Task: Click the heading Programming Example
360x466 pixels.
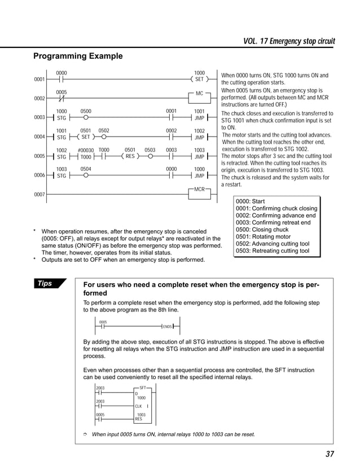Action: pos(78,56)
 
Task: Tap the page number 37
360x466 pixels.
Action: pos(330,455)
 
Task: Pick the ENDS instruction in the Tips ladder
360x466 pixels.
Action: pos(167,327)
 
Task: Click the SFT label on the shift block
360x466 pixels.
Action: pos(143,388)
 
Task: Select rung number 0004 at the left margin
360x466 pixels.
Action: pos(39,137)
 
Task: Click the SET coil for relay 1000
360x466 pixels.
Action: pos(199,80)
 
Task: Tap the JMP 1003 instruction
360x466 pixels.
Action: pos(199,156)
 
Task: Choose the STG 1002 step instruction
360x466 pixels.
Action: pos(62,156)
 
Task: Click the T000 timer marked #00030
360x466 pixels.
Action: pos(85,156)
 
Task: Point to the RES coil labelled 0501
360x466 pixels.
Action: pos(130,156)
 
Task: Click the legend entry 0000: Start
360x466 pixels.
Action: pos(251,201)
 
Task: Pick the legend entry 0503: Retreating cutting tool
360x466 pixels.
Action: pos(273,251)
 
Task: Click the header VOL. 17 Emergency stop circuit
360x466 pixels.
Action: pos(289,41)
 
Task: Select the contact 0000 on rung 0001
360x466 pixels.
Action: pos(62,80)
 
